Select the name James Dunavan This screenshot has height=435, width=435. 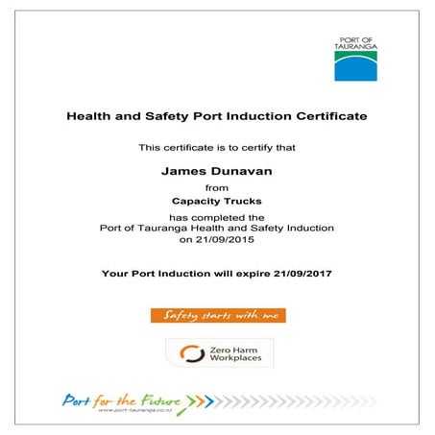pyautogui.click(x=217, y=170)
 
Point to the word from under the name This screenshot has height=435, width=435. pyautogui.click(x=217, y=187)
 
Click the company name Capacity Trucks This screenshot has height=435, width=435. pyautogui.click(x=217, y=202)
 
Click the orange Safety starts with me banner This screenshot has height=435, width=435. pyautogui.click(x=218, y=315)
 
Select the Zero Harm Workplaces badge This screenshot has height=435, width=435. pyautogui.click(x=218, y=352)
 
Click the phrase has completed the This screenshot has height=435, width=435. pyautogui.click(x=217, y=217)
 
